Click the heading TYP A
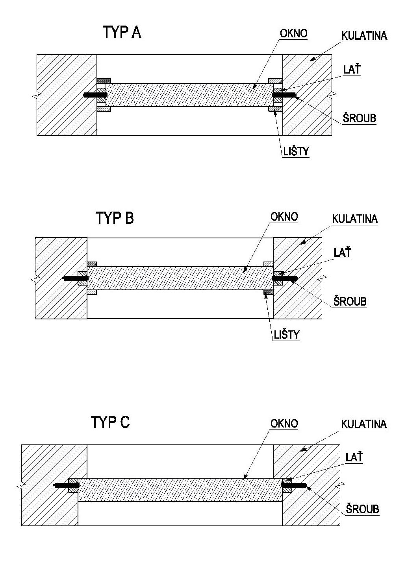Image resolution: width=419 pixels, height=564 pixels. (x=122, y=33)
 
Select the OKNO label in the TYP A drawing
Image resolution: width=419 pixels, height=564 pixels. (x=293, y=33)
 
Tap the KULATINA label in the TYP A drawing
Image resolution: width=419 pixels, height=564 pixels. (x=364, y=36)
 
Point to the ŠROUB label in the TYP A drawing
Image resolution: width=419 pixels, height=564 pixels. (x=359, y=118)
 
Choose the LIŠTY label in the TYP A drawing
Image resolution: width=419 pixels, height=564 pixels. (x=296, y=151)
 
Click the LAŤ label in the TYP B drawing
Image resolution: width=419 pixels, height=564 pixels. (x=342, y=253)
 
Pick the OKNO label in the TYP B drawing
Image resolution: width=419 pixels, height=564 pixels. (x=284, y=217)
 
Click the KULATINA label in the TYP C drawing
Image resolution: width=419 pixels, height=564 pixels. (x=364, y=424)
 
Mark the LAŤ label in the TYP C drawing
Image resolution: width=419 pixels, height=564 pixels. (x=354, y=457)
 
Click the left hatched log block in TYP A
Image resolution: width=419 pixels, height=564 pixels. (x=67, y=95)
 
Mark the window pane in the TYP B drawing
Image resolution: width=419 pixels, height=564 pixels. (x=180, y=278)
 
